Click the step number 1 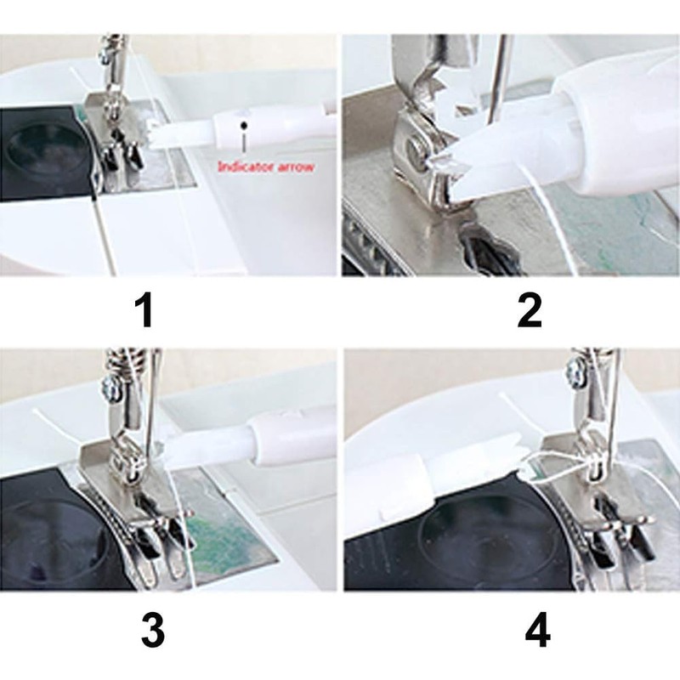pos(145,311)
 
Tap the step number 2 pos(529,311)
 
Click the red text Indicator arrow pos(265,167)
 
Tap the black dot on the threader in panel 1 pos(245,125)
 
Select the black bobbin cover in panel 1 pos(38,153)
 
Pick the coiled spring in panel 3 pos(123,363)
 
